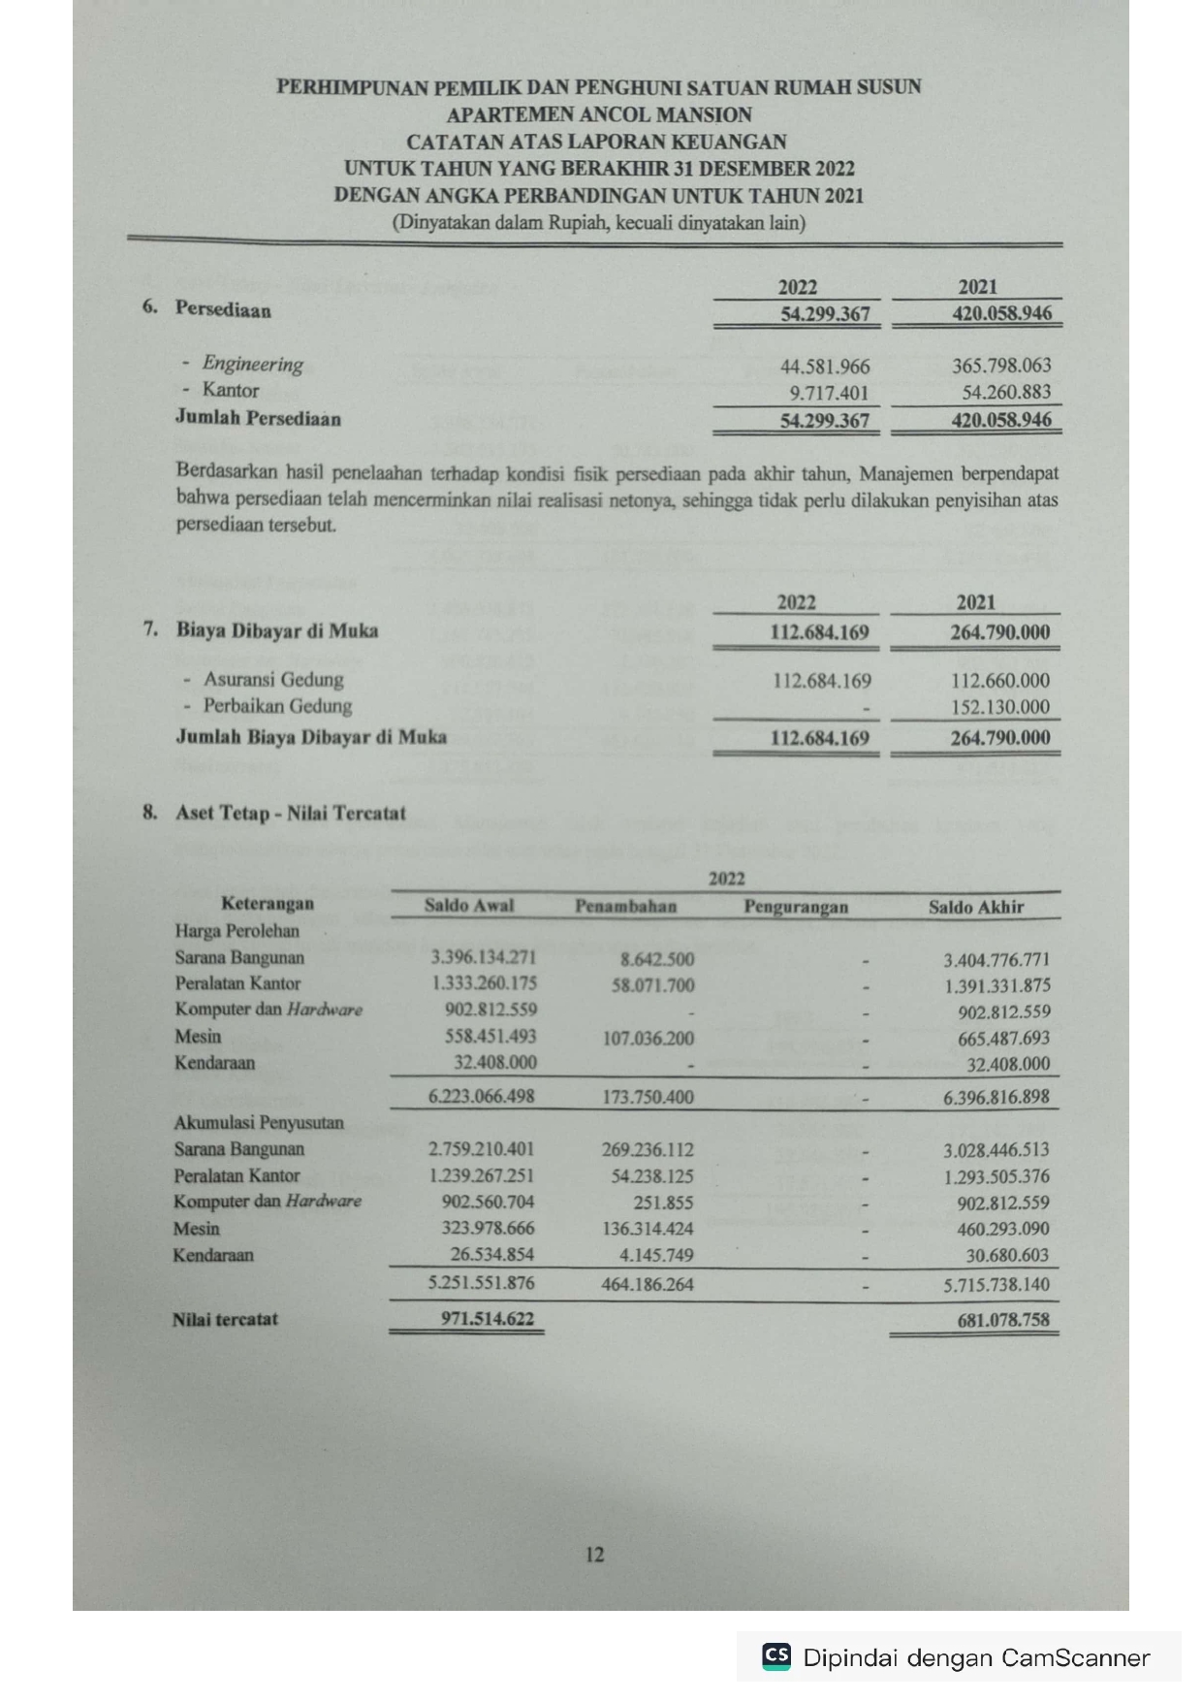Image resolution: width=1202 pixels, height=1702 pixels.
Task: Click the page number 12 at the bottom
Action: pos(594,1555)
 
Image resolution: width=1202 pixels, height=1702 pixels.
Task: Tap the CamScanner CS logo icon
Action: pos(776,1656)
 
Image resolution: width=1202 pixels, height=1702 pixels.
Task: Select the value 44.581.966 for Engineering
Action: pos(825,367)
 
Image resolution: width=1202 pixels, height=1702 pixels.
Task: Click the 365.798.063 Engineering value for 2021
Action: pos(1001,367)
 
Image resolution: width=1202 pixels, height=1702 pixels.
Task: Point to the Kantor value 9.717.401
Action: pos(829,393)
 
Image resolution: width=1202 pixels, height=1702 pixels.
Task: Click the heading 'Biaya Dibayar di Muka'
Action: pos(277,630)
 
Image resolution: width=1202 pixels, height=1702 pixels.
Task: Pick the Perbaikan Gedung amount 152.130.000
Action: pos(1000,707)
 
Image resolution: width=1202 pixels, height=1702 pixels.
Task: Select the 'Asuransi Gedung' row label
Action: pos(273,679)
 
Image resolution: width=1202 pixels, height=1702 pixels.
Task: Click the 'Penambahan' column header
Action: pos(625,907)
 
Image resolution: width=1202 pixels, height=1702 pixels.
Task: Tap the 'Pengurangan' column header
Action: pos(796,907)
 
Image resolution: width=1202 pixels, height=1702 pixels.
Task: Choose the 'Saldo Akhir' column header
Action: pos(975,907)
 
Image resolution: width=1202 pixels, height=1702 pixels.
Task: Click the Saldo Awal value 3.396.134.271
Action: pos(484,958)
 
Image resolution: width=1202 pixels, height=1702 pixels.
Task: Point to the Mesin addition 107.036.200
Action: pos(648,1038)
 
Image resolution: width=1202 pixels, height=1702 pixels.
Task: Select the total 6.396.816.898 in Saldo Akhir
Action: pos(996,1097)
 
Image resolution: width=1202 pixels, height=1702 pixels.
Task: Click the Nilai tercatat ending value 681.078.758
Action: pos(1001,1320)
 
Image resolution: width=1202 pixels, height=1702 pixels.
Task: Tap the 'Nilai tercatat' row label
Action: pos(225,1319)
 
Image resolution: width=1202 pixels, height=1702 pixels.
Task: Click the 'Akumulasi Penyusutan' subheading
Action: pos(259,1123)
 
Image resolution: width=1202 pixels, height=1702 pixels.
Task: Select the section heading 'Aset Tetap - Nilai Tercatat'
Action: pos(290,813)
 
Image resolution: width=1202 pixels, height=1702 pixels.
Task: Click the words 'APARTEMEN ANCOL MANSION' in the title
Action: pos(599,114)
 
